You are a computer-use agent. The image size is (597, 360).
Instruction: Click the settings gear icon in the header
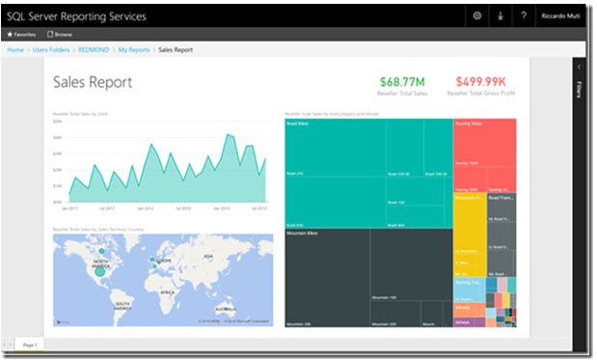pos(477,16)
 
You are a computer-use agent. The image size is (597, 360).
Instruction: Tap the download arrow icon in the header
pos(501,16)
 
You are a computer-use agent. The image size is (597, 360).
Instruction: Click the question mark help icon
pos(524,16)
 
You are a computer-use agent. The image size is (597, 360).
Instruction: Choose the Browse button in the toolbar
pos(60,34)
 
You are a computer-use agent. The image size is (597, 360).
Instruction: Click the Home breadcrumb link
pos(15,48)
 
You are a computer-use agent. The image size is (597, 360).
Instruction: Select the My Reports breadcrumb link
pos(134,48)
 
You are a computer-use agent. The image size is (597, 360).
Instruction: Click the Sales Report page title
pos(93,83)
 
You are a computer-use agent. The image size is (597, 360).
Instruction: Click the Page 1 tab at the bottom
pos(29,345)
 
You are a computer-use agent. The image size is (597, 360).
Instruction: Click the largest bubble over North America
pos(98,271)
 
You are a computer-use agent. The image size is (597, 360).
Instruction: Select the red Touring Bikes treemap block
pos(484,154)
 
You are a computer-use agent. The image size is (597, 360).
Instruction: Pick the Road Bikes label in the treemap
pos(296,124)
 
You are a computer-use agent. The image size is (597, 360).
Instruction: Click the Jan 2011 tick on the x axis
pos(69,208)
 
